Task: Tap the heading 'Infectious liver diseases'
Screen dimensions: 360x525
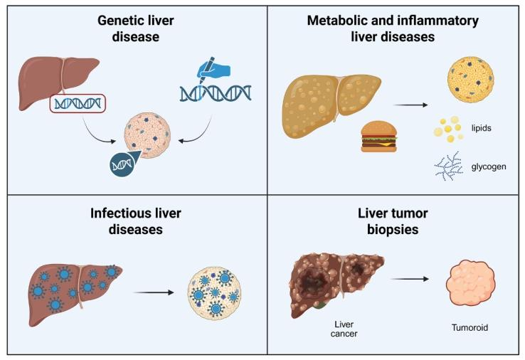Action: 136,221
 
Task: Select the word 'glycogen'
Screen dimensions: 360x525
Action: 487,169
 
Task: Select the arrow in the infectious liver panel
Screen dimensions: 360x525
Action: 154,292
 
